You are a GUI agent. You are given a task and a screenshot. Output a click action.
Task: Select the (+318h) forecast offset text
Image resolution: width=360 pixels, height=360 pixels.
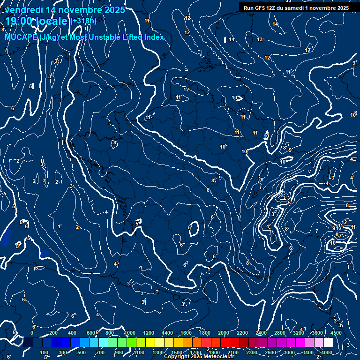(x=83, y=21)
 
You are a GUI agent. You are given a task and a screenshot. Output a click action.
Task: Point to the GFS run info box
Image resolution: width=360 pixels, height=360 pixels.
(x=297, y=7)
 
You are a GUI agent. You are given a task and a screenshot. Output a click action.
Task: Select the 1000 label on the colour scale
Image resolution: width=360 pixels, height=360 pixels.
(x=130, y=332)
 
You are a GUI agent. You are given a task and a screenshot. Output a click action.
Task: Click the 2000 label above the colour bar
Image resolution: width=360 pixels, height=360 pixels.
(x=224, y=332)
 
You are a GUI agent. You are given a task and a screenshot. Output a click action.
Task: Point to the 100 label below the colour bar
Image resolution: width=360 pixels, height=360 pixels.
(x=45, y=352)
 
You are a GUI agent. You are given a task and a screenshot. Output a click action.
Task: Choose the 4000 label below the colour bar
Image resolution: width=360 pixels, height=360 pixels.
(x=327, y=352)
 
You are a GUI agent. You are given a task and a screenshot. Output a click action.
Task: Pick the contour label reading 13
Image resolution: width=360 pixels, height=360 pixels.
(x=260, y=39)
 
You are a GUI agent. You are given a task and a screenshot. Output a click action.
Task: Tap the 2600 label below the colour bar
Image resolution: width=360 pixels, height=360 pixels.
(x=271, y=352)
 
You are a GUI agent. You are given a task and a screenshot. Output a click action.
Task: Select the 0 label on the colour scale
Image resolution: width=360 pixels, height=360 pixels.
(x=32, y=332)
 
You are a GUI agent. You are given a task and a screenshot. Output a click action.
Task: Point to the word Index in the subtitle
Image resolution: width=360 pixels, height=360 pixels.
(x=154, y=37)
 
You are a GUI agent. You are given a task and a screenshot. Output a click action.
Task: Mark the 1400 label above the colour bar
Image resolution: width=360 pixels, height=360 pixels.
(x=167, y=332)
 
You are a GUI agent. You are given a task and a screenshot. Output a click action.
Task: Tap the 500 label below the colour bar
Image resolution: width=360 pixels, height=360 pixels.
(x=82, y=352)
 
